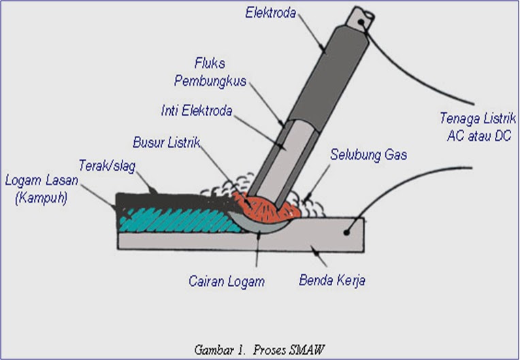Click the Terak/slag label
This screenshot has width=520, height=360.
(103, 166)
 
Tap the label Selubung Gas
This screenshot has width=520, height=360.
(369, 155)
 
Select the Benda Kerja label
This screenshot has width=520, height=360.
(333, 280)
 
